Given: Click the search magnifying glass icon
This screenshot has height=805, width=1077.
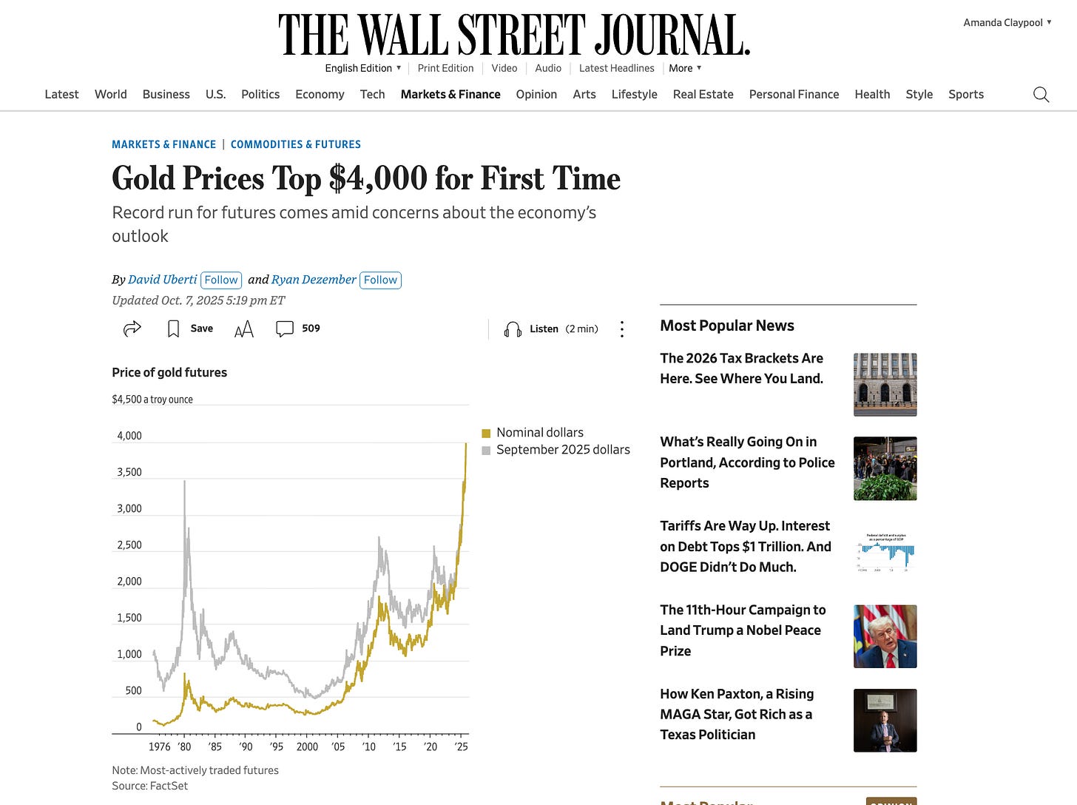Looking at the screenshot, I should [1041, 95].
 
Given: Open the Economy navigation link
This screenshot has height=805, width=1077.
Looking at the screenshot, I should [320, 95].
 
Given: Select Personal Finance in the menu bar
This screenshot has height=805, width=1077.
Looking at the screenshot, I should [794, 95].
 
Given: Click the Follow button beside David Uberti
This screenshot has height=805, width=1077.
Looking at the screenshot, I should [221, 280].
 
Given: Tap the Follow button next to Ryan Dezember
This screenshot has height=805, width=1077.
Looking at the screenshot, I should [380, 280].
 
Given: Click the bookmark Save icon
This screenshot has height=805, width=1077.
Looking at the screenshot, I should [174, 329].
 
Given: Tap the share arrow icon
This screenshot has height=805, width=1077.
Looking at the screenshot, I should [132, 329].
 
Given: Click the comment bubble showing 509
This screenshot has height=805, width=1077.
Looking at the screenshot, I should [286, 329].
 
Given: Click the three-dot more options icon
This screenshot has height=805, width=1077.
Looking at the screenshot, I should [622, 329].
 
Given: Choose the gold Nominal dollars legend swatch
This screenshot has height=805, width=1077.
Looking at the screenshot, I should [486, 433].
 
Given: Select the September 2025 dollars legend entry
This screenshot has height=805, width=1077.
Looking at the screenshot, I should [562, 450].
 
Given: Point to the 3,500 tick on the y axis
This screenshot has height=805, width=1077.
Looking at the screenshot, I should [129, 472].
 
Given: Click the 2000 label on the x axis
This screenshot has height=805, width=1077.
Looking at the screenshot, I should [307, 747].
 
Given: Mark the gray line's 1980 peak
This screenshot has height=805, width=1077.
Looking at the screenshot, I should [184, 482].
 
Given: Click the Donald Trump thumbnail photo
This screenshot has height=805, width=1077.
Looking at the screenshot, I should [885, 636].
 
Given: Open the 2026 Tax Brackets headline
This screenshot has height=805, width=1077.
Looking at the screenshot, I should [741, 368].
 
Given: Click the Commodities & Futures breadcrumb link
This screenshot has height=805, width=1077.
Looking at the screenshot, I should [296, 144].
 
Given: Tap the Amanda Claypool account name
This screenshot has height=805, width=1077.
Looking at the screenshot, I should [1002, 23].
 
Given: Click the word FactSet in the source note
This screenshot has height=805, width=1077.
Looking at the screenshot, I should [169, 786].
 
